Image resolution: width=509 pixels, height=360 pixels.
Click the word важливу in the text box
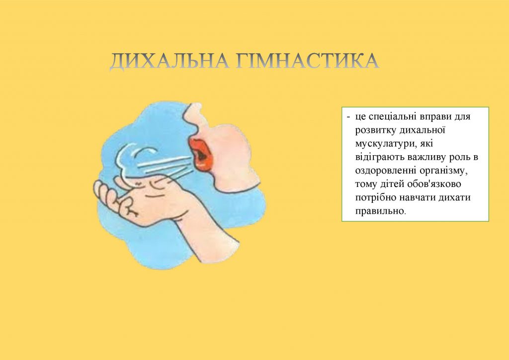(421, 157)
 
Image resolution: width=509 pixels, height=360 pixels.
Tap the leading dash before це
(348, 117)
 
